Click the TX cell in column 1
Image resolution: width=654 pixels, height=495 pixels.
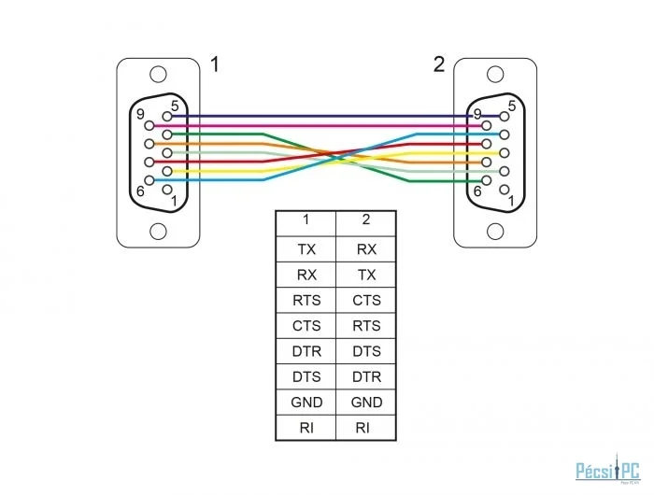[x=306, y=249]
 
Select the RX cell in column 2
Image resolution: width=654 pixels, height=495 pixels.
[x=366, y=249]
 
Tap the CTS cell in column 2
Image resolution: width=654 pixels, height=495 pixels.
[x=366, y=301]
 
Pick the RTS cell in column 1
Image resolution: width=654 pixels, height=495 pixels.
[x=306, y=301]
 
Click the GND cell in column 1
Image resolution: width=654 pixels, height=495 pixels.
[x=306, y=403]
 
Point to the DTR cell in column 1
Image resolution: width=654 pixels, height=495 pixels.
[x=306, y=351]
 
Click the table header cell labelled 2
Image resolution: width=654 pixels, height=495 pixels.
[x=366, y=220]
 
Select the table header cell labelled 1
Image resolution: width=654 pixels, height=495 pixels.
[x=306, y=220]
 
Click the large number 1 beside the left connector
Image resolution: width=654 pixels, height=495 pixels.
[x=216, y=64]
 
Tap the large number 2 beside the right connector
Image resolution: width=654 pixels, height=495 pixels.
[x=439, y=64]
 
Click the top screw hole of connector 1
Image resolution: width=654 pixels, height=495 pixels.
[x=159, y=74]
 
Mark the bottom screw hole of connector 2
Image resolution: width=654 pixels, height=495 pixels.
[x=496, y=231]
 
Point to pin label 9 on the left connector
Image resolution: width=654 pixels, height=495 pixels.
[x=139, y=115]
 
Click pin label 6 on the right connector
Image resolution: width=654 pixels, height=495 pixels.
[x=476, y=191]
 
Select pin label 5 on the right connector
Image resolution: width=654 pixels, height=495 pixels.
[x=512, y=106]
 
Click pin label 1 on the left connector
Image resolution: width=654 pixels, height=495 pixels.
[x=175, y=199]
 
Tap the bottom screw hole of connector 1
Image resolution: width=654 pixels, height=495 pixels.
[x=159, y=231]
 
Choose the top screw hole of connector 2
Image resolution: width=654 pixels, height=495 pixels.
[x=496, y=74]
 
